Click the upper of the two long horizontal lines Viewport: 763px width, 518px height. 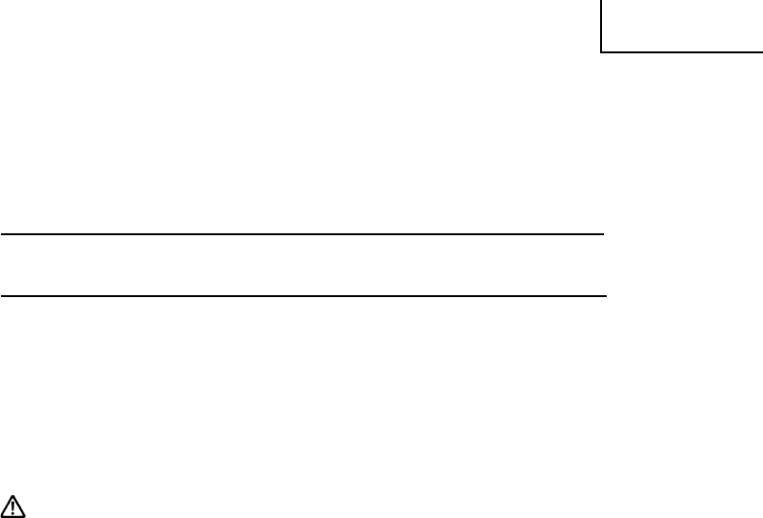(x=303, y=233)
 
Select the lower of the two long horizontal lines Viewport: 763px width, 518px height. (x=303, y=295)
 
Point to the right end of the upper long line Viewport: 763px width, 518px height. (x=604, y=233)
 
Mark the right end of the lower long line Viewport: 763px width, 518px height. (x=606, y=295)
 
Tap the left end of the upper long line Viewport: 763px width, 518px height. (x=1, y=233)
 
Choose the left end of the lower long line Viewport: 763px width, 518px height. (x=1, y=295)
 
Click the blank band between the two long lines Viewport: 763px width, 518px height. (x=303, y=265)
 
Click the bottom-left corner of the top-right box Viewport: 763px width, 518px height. (x=601, y=50)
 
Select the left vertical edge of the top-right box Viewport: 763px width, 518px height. (x=601, y=25)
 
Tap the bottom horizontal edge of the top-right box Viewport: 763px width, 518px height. (x=681, y=50)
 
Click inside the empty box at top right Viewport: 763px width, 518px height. (x=682, y=25)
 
